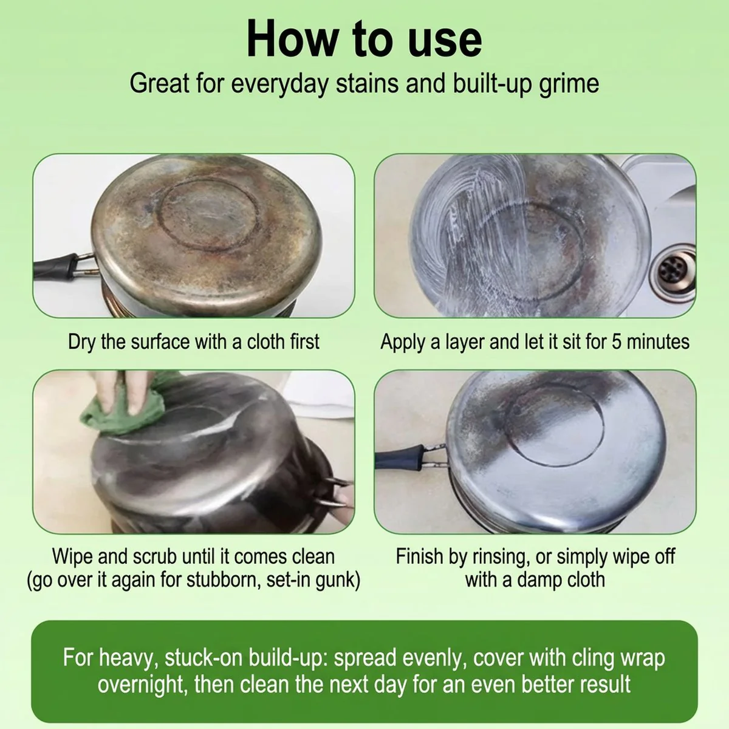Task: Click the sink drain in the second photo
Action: click(673, 269)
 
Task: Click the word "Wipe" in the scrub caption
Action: click(72, 558)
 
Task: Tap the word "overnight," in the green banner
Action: click(143, 684)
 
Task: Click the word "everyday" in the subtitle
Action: click(279, 84)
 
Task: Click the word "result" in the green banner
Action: click(605, 684)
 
